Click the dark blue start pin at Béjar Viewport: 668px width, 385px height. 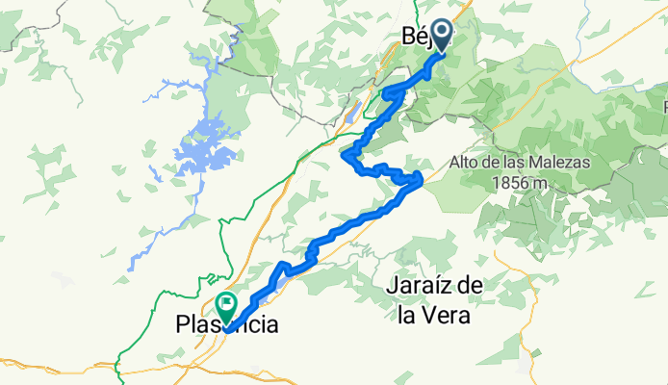443,35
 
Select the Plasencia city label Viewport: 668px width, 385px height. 228,326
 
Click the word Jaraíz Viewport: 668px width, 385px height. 417,286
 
